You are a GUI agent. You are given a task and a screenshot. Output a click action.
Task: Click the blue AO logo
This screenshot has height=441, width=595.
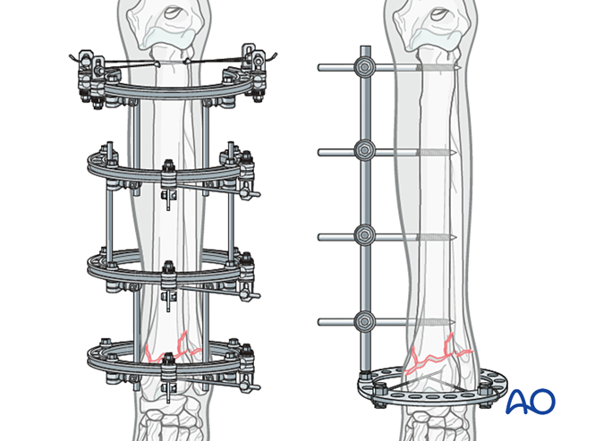point(530,402)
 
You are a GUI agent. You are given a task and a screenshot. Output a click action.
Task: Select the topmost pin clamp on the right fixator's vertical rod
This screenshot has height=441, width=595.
point(364,67)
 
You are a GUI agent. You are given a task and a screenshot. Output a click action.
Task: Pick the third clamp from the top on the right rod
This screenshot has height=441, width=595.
point(364,235)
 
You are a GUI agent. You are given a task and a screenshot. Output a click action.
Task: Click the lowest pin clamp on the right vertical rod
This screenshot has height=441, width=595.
point(364,320)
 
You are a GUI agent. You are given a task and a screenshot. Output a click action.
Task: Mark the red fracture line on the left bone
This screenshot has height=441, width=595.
point(170,350)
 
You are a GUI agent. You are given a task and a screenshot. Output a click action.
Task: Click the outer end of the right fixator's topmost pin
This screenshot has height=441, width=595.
point(321,67)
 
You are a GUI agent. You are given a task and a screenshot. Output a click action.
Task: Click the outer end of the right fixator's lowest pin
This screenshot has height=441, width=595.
point(321,320)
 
